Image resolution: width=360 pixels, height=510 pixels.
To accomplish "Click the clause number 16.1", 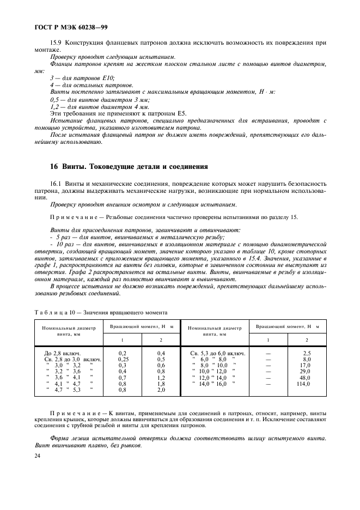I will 57,184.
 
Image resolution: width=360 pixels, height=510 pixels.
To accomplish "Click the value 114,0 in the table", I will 303,384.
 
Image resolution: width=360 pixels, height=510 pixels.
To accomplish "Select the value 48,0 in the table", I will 304,378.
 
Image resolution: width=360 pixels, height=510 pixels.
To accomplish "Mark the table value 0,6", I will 161,366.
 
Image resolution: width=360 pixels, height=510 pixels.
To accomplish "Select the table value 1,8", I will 161,384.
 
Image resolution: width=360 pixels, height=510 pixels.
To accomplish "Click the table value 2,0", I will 161,390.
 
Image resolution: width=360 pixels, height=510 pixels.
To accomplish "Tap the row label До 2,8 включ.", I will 65,353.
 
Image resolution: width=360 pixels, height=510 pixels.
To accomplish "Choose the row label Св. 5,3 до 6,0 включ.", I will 217,353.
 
